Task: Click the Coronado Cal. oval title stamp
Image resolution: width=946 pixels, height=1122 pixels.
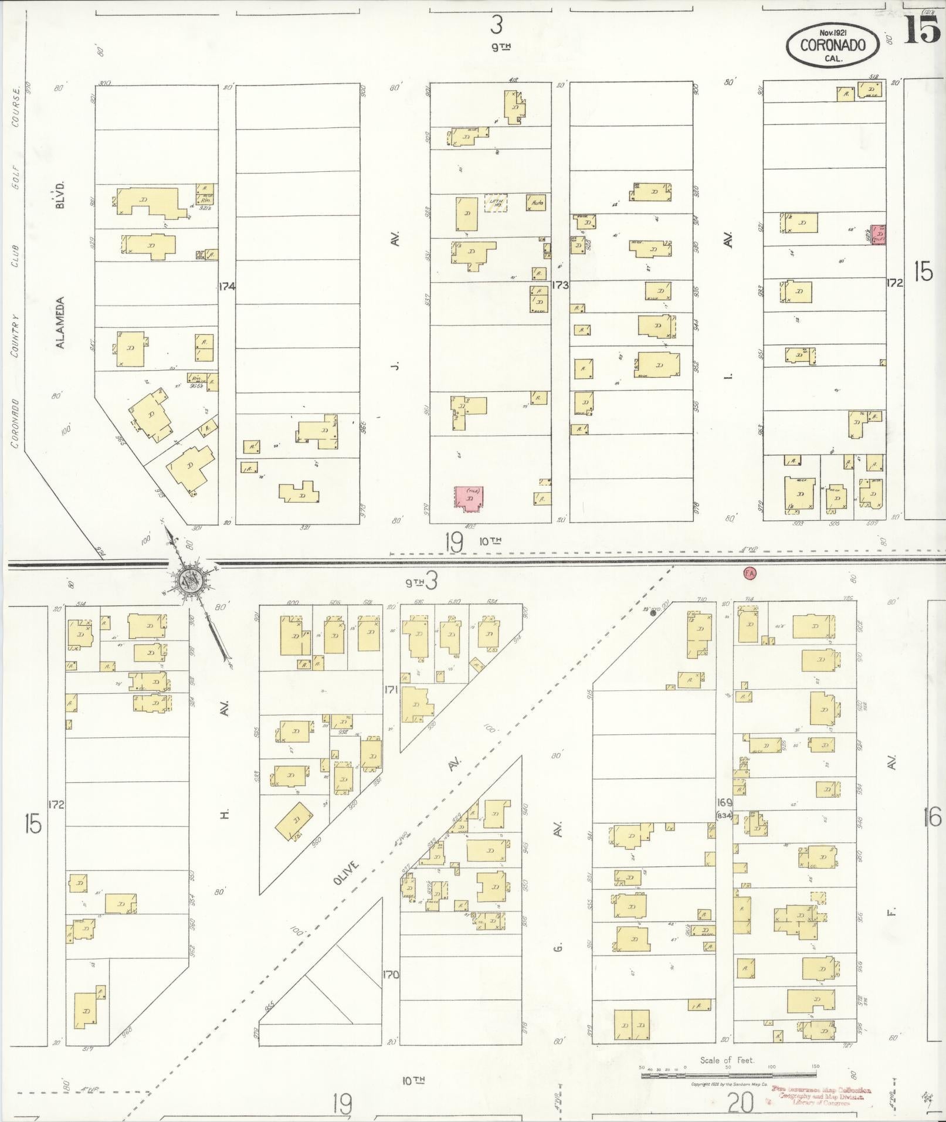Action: (x=833, y=47)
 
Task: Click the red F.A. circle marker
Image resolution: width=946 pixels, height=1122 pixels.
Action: (x=749, y=574)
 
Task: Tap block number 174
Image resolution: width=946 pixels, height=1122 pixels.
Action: (x=227, y=287)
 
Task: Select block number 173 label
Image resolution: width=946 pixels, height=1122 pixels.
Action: (x=560, y=286)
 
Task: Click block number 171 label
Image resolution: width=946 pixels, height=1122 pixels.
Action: (x=391, y=690)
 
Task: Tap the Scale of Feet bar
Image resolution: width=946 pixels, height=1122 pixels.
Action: (x=728, y=1074)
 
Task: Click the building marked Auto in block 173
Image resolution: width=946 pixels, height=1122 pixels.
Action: (x=537, y=203)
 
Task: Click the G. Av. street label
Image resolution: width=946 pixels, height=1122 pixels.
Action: (x=558, y=945)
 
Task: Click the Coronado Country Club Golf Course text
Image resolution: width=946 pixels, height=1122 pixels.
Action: (x=16, y=264)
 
